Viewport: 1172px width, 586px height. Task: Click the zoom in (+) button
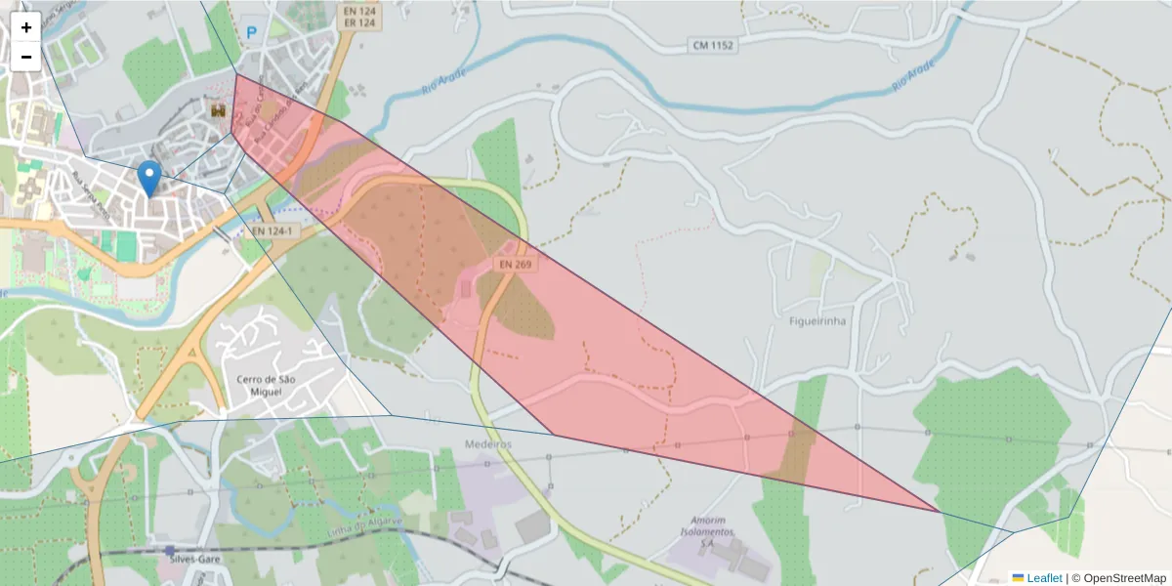click(25, 27)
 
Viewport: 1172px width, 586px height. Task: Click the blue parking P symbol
click(252, 32)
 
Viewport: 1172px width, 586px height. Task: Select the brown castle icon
click(217, 112)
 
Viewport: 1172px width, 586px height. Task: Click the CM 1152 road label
click(712, 45)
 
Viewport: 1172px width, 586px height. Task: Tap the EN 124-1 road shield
click(272, 231)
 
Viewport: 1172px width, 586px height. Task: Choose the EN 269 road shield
click(516, 264)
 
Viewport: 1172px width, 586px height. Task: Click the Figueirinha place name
click(816, 320)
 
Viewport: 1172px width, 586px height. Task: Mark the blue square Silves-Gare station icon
click(170, 550)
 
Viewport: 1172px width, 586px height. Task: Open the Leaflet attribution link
click(1044, 578)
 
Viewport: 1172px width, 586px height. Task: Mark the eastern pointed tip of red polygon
click(939, 511)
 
